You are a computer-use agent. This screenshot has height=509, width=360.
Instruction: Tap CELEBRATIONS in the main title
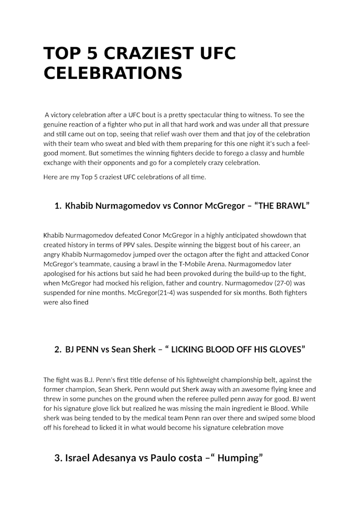click(x=112, y=73)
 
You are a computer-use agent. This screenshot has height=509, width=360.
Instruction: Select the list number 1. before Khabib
click(x=58, y=206)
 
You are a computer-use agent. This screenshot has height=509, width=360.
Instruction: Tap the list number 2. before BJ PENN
click(x=58, y=350)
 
